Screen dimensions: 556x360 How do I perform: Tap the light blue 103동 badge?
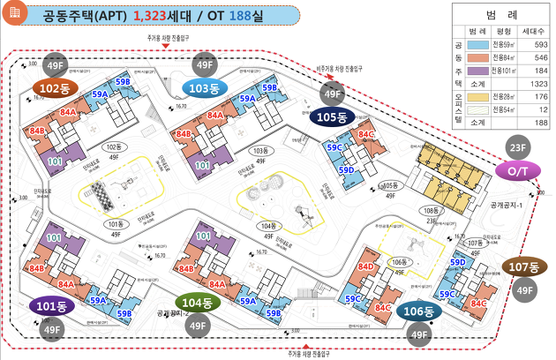205,86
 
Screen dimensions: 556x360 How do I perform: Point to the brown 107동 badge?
525,266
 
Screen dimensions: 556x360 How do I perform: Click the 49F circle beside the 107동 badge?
525,291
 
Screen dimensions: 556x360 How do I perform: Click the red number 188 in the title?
227,16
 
